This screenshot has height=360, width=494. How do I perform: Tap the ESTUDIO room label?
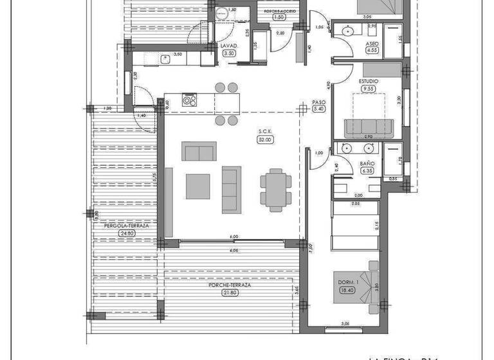(x=369, y=81)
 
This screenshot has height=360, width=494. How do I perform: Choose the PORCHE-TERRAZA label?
(x=228, y=285)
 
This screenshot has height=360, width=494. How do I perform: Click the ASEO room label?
(x=372, y=42)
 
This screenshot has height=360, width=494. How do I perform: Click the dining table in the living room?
(x=275, y=190)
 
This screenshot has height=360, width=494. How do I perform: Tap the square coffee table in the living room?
(x=197, y=186)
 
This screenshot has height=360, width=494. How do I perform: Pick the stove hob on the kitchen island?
(x=190, y=100)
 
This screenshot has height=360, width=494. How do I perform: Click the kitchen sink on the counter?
(x=165, y=59)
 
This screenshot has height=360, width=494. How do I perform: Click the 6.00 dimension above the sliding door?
(x=234, y=237)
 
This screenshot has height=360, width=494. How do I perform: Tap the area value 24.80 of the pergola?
(x=126, y=234)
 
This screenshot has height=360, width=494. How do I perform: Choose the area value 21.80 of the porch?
(x=228, y=293)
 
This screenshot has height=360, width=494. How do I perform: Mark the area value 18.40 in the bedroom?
(x=347, y=291)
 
